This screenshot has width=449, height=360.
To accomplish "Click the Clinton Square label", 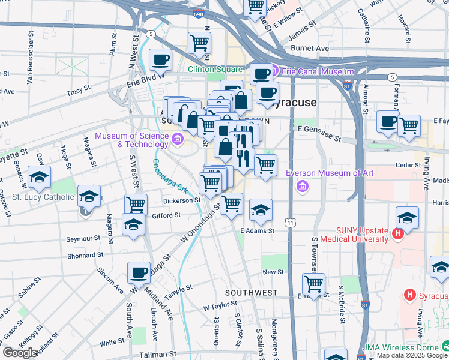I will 215,69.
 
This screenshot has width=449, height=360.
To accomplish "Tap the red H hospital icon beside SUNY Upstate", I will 396,233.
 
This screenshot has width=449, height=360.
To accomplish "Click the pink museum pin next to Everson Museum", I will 301,187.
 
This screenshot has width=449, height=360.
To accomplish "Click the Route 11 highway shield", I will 291,223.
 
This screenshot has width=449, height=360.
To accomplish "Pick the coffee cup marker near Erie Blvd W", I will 160,59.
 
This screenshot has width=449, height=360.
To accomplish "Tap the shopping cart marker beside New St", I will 313,283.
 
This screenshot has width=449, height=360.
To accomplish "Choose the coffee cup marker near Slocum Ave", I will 139,272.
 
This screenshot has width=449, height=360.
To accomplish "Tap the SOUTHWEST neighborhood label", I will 251,293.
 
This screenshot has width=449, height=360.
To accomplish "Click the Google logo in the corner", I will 19,353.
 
